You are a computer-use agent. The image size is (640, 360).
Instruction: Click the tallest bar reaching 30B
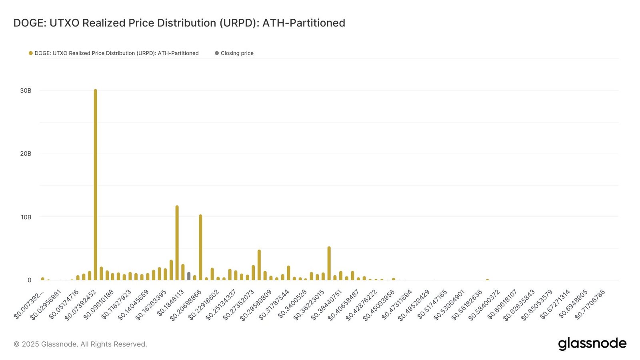[x=95, y=184]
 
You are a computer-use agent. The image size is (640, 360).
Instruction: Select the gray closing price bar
[x=189, y=276]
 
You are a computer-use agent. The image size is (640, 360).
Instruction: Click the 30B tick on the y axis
[x=26, y=91]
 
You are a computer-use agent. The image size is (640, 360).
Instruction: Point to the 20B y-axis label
[x=26, y=154]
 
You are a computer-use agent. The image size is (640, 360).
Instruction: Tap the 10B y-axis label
[x=26, y=217]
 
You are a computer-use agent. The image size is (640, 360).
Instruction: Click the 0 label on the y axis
[x=29, y=280]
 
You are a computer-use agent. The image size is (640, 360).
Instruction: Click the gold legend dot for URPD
[x=30, y=53]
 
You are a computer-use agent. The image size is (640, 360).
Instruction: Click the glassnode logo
[x=592, y=344]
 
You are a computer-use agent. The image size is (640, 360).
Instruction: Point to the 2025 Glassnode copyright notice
[x=80, y=344]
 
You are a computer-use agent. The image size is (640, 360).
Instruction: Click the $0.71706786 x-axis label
[x=590, y=304]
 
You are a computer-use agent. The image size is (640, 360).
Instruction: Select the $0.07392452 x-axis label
[x=81, y=304]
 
